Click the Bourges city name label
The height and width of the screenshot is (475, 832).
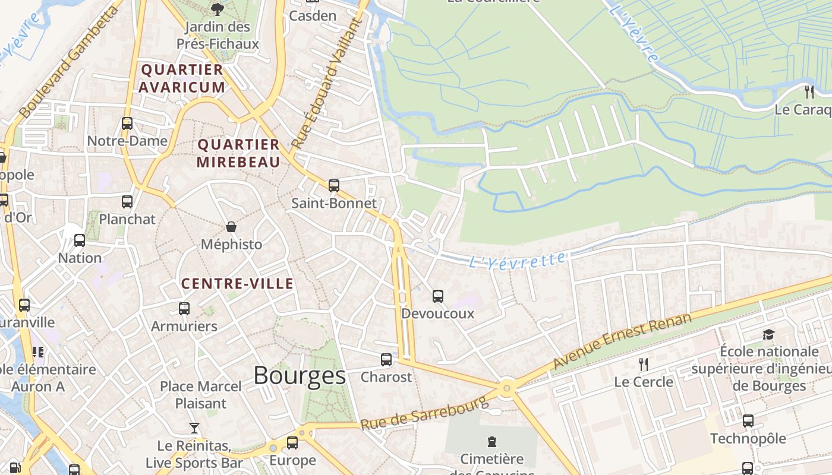(300, 376)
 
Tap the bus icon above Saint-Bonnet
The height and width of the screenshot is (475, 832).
(334, 186)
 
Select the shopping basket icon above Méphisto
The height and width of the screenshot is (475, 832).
(231, 227)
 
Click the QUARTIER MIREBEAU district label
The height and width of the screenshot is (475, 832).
(238, 153)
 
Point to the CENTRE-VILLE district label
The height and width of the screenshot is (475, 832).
(237, 284)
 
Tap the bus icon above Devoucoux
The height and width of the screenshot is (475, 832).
(438, 296)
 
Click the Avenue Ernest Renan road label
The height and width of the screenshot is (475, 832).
(622, 341)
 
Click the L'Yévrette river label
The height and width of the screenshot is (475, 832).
(517, 260)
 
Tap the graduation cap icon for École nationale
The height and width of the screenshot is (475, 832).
(769, 334)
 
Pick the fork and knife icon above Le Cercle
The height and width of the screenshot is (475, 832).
(644, 364)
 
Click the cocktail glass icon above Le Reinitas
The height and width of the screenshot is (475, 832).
(194, 427)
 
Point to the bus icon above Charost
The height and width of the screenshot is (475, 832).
(386, 360)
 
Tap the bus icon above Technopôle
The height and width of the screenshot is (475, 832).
(748, 421)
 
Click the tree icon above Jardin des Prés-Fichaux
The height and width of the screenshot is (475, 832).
(218, 9)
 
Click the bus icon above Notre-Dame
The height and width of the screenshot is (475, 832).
(127, 123)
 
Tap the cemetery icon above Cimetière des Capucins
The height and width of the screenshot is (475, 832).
(492, 442)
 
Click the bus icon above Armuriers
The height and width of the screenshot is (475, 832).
(184, 309)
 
